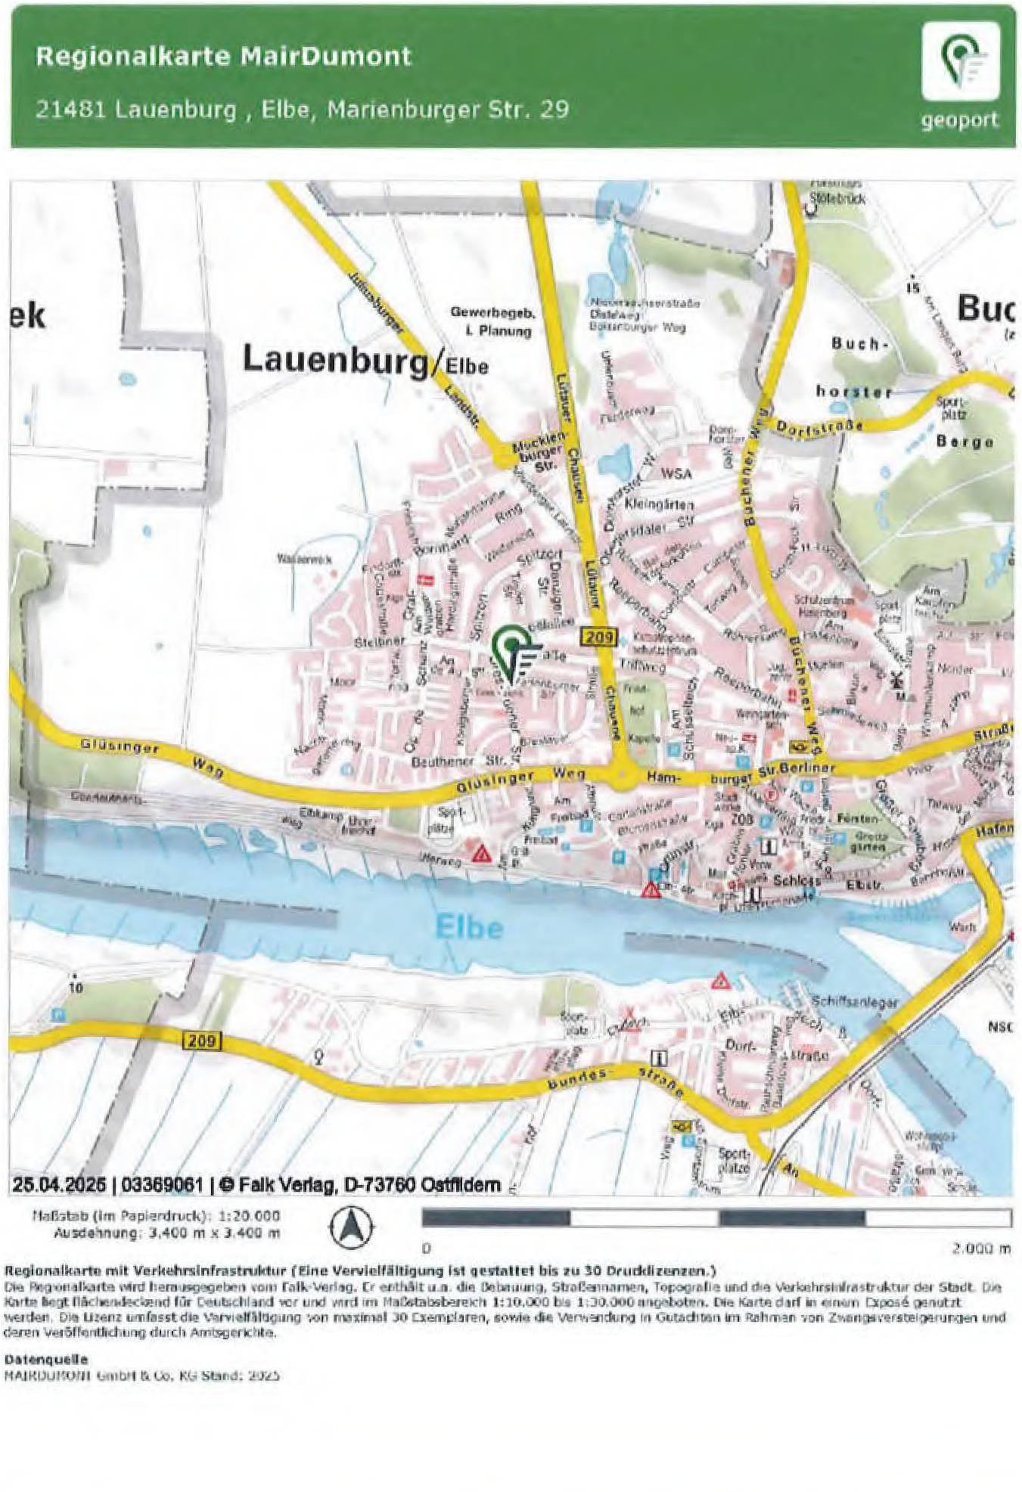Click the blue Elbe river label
point(469,926)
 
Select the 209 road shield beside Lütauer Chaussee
point(599,636)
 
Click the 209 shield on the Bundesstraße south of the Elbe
point(202,1041)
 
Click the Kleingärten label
point(660,503)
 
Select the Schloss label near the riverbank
point(796,880)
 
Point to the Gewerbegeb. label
point(492,312)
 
